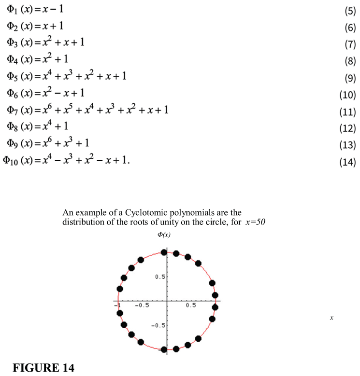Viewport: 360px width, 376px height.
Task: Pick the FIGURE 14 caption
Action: [x=43, y=368]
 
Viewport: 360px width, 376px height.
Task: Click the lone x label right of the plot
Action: [x=332, y=318]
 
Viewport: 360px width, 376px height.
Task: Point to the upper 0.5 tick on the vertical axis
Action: [x=159, y=277]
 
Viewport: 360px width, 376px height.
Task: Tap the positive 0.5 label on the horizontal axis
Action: [x=190, y=306]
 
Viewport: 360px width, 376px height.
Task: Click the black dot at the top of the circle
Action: [x=164, y=252]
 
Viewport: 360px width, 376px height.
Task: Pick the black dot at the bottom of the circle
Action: [x=164, y=349]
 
